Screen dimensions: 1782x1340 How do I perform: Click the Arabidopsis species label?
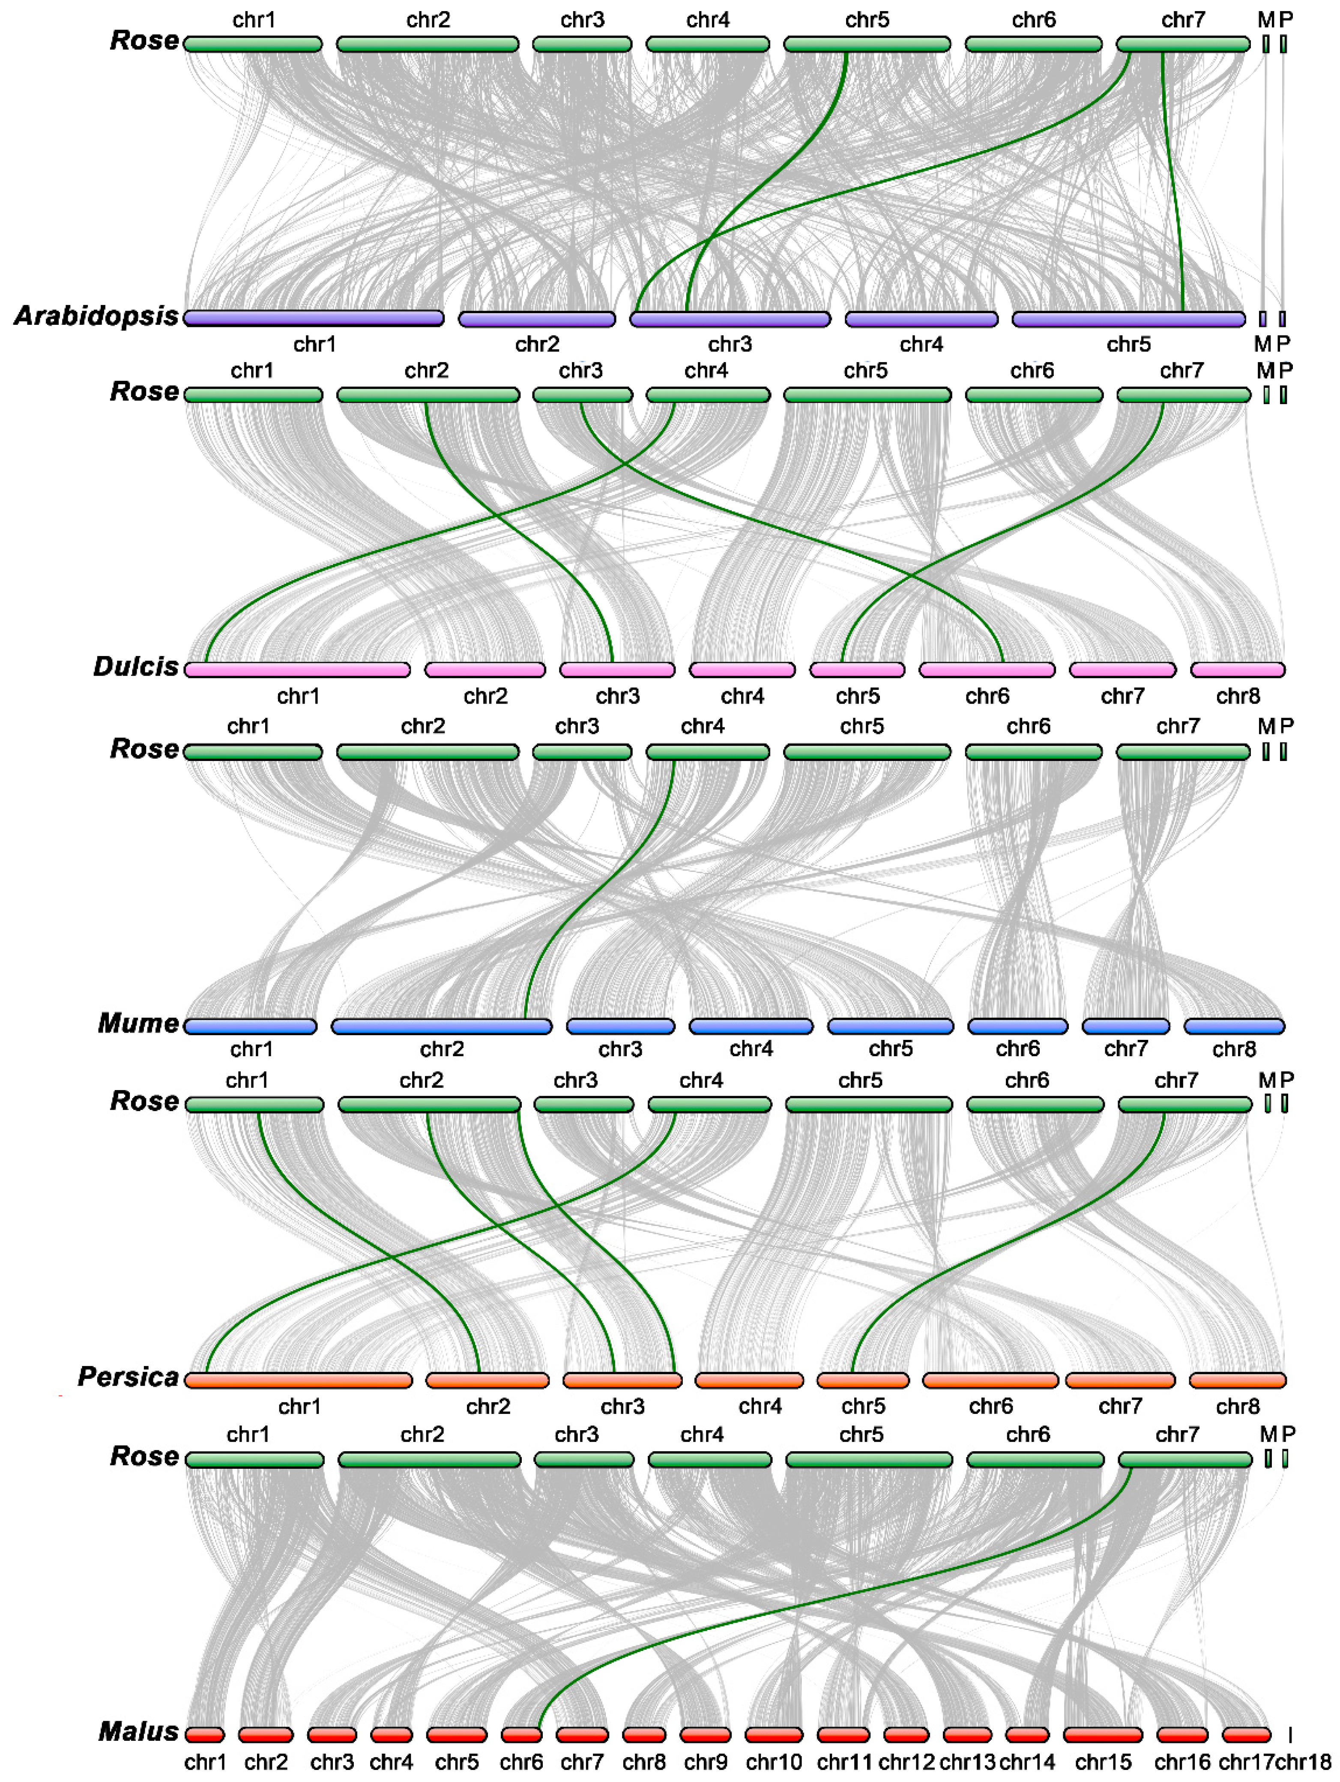pos(96,316)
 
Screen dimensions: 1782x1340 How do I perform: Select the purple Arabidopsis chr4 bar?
pos(921,320)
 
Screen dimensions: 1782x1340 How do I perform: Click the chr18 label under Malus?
pos(1302,1763)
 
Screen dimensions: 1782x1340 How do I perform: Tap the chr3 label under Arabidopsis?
pos(730,345)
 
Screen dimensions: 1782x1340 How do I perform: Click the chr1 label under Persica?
pos(299,1407)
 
